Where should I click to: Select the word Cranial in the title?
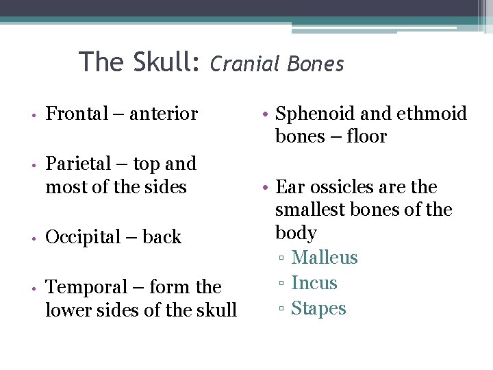tap(245, 64)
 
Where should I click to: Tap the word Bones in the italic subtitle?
tap(316, 64)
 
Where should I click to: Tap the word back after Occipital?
tap(162, 237)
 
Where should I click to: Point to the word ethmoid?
tap(433, 113)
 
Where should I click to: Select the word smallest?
tap(314, 209)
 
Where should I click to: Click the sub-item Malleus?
tap(324, 258)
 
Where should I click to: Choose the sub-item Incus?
tap(314, 282)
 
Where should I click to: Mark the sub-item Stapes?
tap(318, 308)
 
